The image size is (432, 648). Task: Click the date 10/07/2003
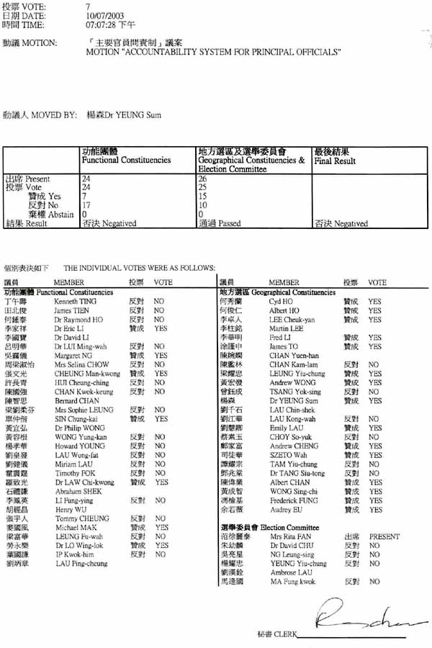pyautogui.click(x=102, y=15)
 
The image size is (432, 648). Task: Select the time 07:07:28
pyautogui.click(x=100, y=24)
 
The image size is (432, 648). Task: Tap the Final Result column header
pyautogui.click(x=335, y=161)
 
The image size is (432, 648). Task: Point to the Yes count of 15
pyautogui.click(x=202, y=196)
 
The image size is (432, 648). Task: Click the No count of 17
pyautogui.click(x=86, y=205)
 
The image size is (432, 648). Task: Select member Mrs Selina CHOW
pyautogui.click(x=77, y=364)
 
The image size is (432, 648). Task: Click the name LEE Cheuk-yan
pyautogui.click(x=288, y=320)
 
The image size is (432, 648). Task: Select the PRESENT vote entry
pyautogui.click(x=384, y=536)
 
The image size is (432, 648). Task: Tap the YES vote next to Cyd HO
pyautogui.click(x=374, y=302)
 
